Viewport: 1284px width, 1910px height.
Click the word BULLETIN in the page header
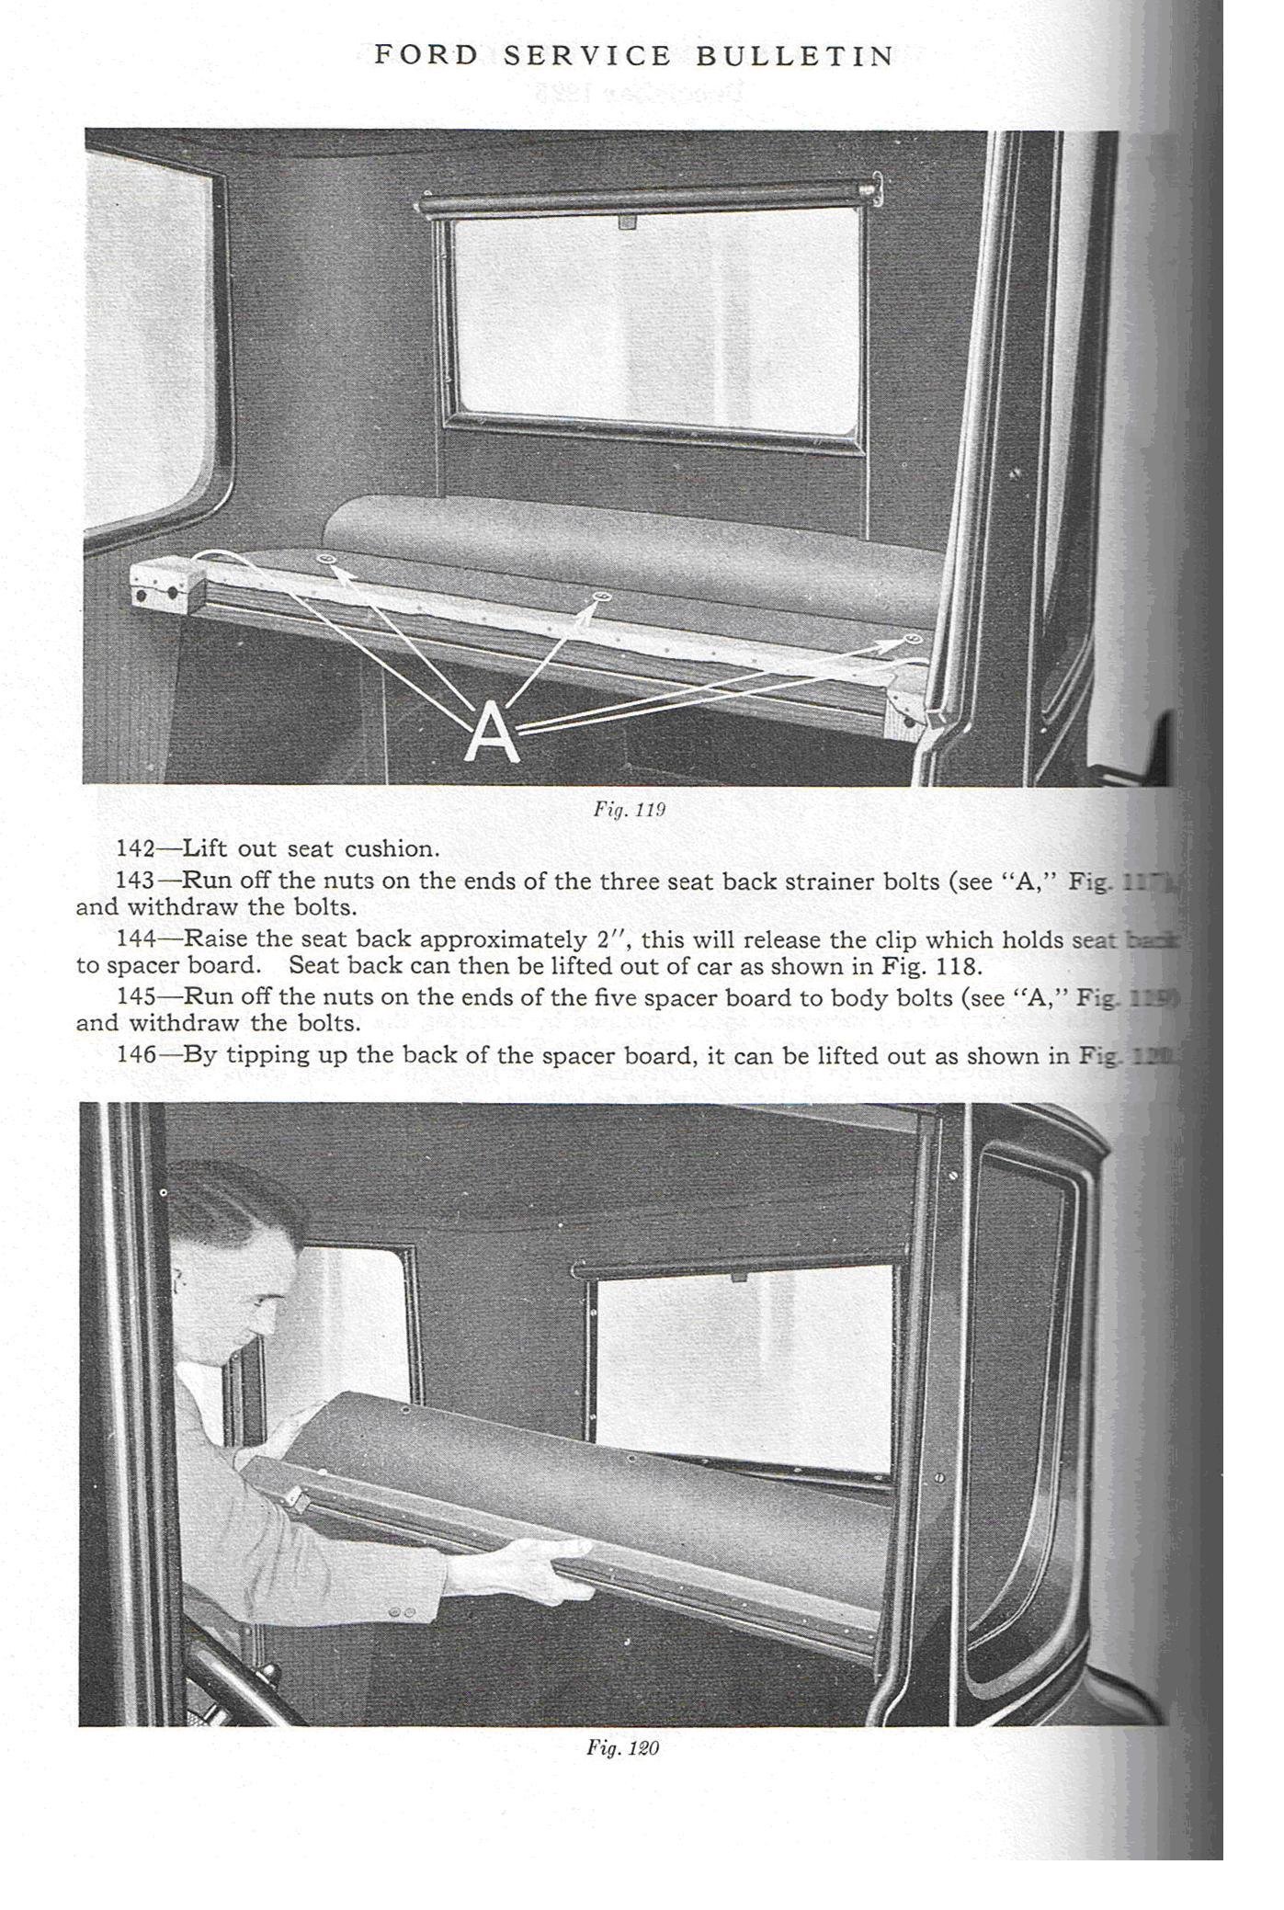tap(795, 57)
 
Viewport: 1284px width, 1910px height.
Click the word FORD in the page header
tap(426, 56)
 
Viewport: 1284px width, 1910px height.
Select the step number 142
tap(135, 848)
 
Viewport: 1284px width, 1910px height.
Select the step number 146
tap(135, 1054)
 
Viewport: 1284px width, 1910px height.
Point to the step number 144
tap(135, 939)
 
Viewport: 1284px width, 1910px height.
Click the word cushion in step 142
tap(389, 848)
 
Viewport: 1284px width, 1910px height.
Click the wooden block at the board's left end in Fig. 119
tap(165, 582)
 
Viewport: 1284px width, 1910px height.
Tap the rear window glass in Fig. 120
tap(744, 1365)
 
